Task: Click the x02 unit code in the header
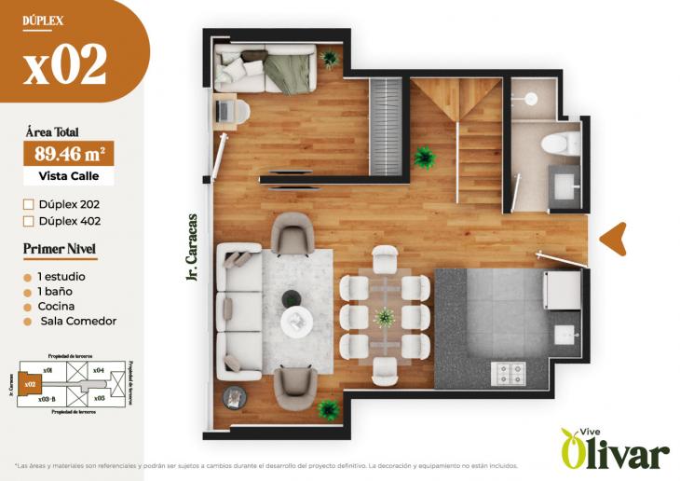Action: pyautogui.click(x=65, y=64)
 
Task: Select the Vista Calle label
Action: pyautogui.click(x=69, y=175)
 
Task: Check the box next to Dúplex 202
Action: pyautogui.click(x=28, y=203)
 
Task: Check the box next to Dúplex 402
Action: pyautogui.click(x=28, y=221)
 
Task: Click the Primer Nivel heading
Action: pyautogui.click(x=60, y=250)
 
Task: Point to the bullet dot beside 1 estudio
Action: pyautogui.click(x=28, y=277)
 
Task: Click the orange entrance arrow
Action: pyautogui.click(x=612, y=240)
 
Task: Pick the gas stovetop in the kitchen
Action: pyautogui.click(x=510, y=374)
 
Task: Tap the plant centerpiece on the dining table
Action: pyautogui.click(x=385, y=317)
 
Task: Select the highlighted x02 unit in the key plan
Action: pyautogui.click(x=30, y=383)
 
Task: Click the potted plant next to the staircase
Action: pyautogui.click(x=426, y=157)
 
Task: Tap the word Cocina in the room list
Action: pyautogui.click(x=56, y=306)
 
